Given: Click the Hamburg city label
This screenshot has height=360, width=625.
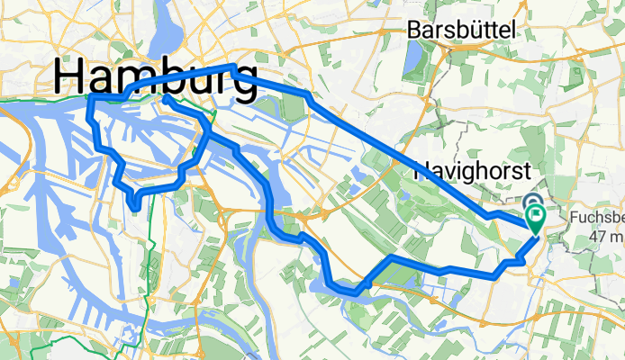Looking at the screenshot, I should coord(156,76).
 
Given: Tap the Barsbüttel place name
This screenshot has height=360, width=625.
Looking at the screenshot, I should coord(462,30).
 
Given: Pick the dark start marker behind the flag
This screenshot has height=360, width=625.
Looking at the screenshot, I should coord(530,206).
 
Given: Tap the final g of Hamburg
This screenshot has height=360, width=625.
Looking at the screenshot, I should coord(239,83).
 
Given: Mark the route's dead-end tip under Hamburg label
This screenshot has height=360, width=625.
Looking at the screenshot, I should coord(167,102).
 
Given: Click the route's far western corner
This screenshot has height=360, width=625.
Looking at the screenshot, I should coord(89,97).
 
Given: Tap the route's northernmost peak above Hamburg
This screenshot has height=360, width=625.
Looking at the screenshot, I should coord(232,67).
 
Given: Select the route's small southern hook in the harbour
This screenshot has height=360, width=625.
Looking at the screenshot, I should coord(133,207).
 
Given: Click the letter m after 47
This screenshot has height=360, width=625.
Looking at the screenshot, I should coord(618,236).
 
